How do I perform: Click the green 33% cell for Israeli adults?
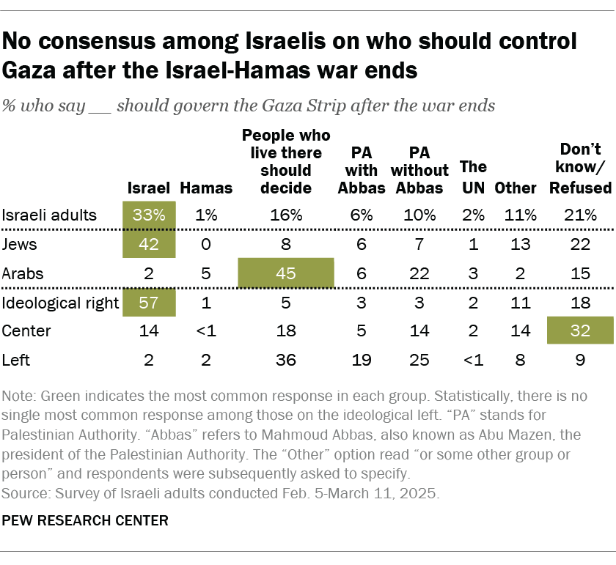coord(150,215)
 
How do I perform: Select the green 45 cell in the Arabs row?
coord(285,273)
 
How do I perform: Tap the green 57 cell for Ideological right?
coord(150,302)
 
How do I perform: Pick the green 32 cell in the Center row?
coord(580,330)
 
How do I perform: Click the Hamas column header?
coord(205,188)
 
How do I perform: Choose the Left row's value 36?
coord(285,360)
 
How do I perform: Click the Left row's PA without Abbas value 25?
coord(419,360)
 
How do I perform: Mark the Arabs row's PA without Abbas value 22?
coord(419,273)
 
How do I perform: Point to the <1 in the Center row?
coord(205,330)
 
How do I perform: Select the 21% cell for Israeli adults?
coord(580,215)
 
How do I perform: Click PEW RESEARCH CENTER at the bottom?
coord(86,521)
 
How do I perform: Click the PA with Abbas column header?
coord(362,170)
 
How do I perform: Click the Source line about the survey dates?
coord(220,493)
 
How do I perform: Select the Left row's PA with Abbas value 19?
coord(362,360)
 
